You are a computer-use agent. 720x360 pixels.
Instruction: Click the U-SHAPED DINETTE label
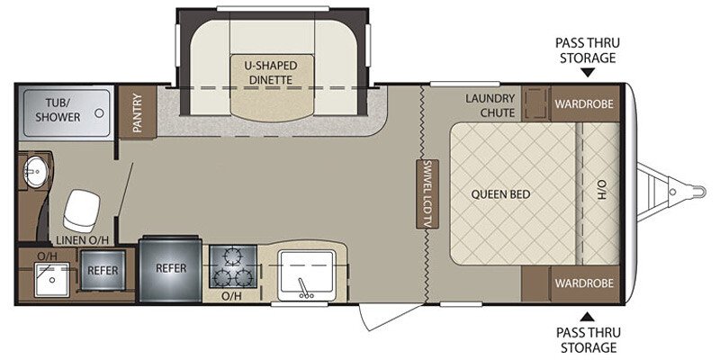(271, 72)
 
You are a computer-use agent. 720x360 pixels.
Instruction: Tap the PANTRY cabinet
(138, 112)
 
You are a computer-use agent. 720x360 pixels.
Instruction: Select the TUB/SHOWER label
(58, 110)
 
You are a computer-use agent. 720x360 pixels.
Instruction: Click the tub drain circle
(99, 113)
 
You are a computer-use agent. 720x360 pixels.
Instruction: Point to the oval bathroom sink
(35, 172)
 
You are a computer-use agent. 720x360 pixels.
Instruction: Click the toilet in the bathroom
(82, 211)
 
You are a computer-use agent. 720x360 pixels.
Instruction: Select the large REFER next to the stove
(171, 269)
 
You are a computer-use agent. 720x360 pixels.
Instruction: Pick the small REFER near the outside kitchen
(103, 271)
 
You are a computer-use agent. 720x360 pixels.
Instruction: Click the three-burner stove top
(233, 267)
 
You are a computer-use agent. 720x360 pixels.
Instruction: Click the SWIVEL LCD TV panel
(427, 193)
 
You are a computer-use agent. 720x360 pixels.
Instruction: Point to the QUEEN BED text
(500, 194)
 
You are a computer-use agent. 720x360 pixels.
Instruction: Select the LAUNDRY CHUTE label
(490, 105)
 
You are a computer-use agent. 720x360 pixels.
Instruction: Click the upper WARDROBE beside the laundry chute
(584, 103)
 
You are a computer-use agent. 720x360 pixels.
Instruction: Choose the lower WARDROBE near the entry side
(584, 283)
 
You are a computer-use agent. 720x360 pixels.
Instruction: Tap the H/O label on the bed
(601, 189)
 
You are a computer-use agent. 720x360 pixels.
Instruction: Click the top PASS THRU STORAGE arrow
(588, 72)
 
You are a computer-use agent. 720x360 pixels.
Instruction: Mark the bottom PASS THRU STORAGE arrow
(588, 317)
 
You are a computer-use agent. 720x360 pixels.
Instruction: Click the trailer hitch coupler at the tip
(693, 192)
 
